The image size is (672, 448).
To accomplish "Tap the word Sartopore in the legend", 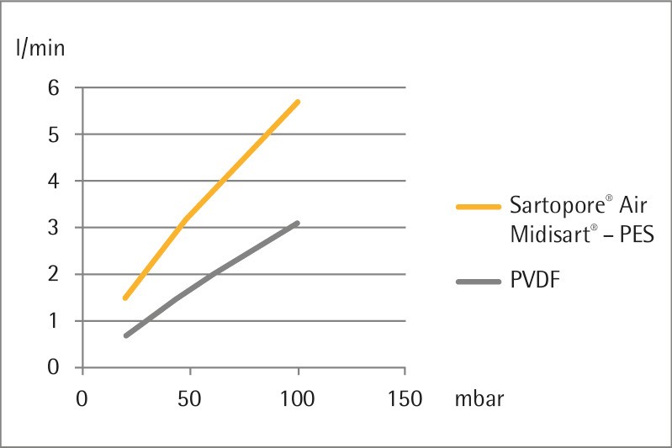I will [550, 205].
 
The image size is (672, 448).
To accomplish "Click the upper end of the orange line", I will [298, 102].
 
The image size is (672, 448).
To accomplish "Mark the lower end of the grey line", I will [125, 335].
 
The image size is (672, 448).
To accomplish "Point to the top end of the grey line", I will [298, 223].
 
